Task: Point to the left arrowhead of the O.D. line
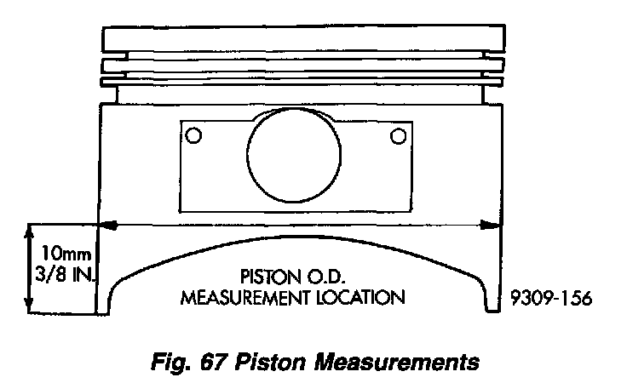click(108, 226)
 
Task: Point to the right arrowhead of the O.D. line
click(492, 226)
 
